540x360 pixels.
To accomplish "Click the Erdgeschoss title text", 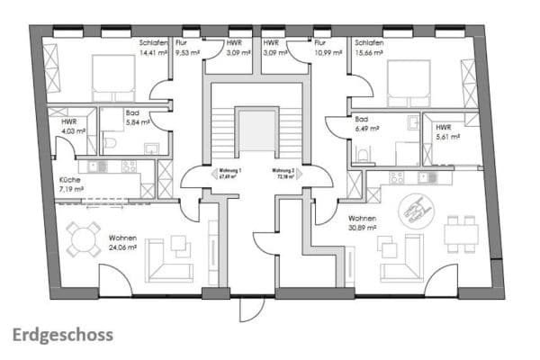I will pos(63,336).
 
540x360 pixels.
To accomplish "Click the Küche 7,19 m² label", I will pos(70,185).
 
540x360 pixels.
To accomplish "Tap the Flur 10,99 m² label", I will pos(326,48).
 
